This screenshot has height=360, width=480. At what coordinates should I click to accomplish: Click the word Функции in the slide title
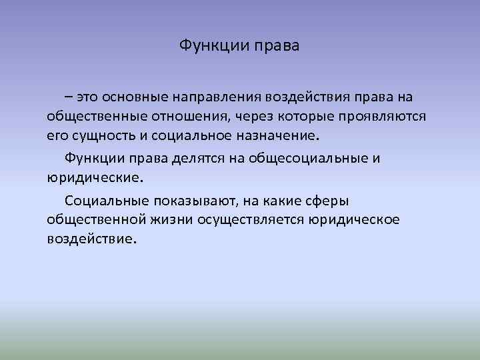[213, 47]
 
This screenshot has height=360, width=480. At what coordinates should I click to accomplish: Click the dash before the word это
[70, 97]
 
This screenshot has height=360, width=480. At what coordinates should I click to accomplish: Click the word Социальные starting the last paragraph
[107, 201]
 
